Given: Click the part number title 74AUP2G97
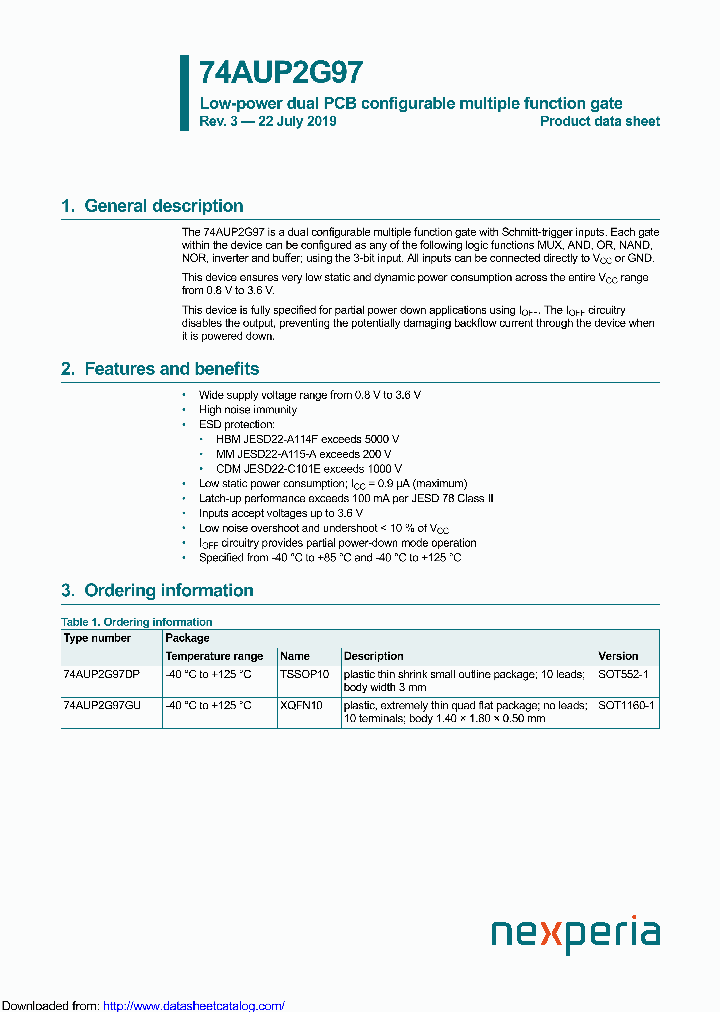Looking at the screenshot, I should tap(281, 73).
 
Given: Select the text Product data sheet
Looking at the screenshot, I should tap(599, 121).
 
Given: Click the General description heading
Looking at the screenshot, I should tap(163, 206).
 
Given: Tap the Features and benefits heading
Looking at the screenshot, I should tap(171, 369).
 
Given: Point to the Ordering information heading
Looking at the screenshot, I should tap(168, 590).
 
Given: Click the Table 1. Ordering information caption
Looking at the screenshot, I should tap(137, 622).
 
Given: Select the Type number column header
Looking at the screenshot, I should tap(97, 638).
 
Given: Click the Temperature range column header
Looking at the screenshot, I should tap(214, 656).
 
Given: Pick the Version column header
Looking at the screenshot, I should tap(618, 656).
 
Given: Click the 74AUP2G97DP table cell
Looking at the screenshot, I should tap(102, 675).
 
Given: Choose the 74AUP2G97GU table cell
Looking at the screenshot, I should tap(102, 705).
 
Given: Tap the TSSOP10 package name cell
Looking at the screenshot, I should tap(304, 675).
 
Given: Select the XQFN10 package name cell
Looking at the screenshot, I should tap(302, 705).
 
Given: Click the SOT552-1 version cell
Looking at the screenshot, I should tap(623, 675).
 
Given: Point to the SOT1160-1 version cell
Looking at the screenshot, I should tap(626, 705).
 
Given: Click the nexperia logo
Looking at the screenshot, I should tap(575, 935).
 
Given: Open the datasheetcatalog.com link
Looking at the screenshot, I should tap(194, 1005).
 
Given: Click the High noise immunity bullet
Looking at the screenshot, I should tap(248, 410).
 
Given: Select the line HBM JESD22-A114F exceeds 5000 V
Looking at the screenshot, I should tap(307, 439).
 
